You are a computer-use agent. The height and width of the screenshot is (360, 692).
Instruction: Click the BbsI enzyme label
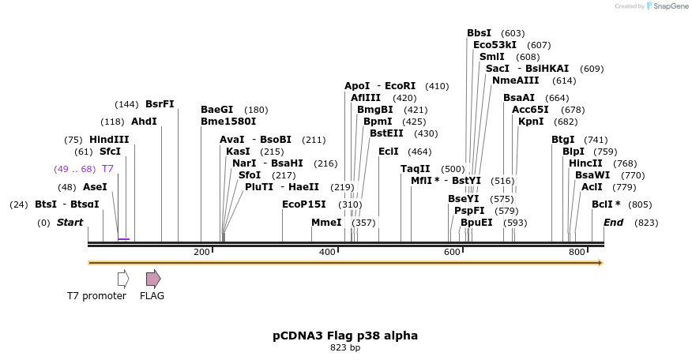(x=479, y=33)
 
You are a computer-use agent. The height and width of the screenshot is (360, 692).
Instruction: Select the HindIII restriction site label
(x=109, y=140)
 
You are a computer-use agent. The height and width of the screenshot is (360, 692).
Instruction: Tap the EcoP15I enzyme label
(x=304, y=204)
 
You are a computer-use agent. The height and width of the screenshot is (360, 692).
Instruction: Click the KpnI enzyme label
(x=530, y=122)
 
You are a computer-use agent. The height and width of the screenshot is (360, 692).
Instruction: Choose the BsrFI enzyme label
(x=160, y=104)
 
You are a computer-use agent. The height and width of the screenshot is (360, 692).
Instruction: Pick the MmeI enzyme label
(x=326, y=223)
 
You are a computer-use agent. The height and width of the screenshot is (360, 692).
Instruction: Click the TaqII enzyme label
(x=416, y=169)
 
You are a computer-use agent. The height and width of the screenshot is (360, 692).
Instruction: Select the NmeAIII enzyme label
(x=515, y=81)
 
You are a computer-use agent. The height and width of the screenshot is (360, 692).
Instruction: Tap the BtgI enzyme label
(x=563, y=140)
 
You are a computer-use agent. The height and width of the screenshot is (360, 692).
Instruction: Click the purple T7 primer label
(x=107, y=169)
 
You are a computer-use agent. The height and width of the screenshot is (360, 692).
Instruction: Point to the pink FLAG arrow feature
(x=153, y=279)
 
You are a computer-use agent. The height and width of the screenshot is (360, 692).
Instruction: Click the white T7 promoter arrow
(x=122, y=279)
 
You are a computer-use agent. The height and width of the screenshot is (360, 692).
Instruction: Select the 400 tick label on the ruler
(x=326, y=252)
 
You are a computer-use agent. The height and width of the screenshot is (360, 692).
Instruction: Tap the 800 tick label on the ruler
(x=577, y=252)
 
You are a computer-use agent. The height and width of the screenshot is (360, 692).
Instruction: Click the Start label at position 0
(x=70, y=223)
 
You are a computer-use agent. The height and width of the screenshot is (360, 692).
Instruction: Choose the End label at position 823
(x=614, y=223)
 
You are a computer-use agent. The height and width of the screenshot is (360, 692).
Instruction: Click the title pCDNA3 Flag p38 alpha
(x=345, y=336)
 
